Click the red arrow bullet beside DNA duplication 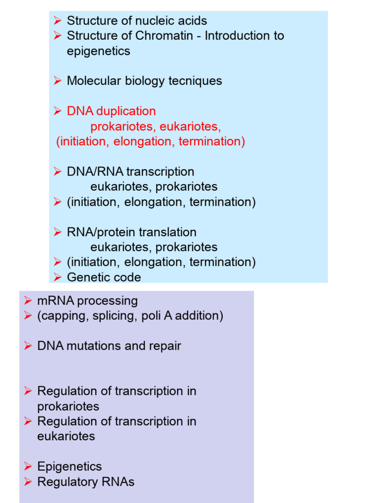[58, 111]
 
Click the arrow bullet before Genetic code [58, 278]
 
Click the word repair [165, 346]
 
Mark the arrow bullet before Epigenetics [28, 467]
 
